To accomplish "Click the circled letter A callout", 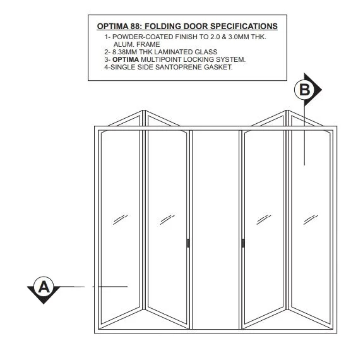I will coord(44,286).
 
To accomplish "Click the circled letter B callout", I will coord(304,90).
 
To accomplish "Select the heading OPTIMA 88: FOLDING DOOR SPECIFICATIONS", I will coord(187,27).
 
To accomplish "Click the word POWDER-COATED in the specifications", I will coord(138,37).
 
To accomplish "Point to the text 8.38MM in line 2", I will coord(128,52).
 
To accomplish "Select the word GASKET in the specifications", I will coord(218,67).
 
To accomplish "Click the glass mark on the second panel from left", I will coord(167,219).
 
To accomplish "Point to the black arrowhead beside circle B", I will coord(318,90).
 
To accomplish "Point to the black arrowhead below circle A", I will coord(44,299).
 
